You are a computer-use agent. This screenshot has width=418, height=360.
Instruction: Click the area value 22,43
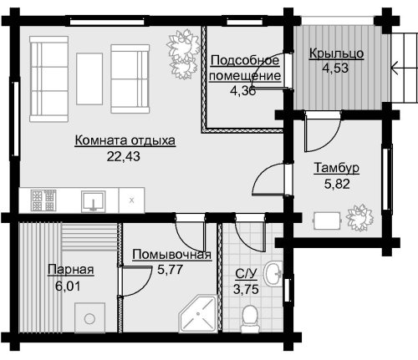coord(124,156)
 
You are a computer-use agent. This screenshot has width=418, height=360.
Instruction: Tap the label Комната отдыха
coord(125,140)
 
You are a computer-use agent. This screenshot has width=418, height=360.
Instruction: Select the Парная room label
coord(71,270)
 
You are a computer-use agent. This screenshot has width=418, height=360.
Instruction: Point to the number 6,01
coord(68,286)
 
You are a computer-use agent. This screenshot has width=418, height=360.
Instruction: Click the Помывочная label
coord(172,255)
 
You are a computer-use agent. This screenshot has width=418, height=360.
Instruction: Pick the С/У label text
coord(246,274)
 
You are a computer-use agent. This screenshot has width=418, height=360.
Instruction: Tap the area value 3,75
coord(246,289)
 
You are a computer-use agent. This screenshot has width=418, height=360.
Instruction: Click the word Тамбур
coord(337,168)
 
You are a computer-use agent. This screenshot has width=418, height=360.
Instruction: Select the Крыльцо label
coord(336,53)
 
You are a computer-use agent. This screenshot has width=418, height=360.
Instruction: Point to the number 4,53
coord(335,68)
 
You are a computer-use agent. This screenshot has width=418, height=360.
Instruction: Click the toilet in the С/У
coord(249,319)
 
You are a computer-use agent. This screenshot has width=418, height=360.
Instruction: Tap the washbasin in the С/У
coord(273,273)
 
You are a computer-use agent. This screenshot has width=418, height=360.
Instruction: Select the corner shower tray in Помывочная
coord(198,314)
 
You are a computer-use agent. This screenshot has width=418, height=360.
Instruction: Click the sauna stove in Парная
coord(89,317)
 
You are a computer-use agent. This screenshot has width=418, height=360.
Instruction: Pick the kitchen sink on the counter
coord(94,201)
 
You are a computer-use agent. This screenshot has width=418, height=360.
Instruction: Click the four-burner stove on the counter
coord(43,200)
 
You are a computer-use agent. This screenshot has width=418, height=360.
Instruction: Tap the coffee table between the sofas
coord(89,79)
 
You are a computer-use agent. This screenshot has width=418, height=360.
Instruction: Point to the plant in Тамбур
coord(359,217)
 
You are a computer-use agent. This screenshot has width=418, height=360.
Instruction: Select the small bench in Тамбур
coord(327,221)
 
